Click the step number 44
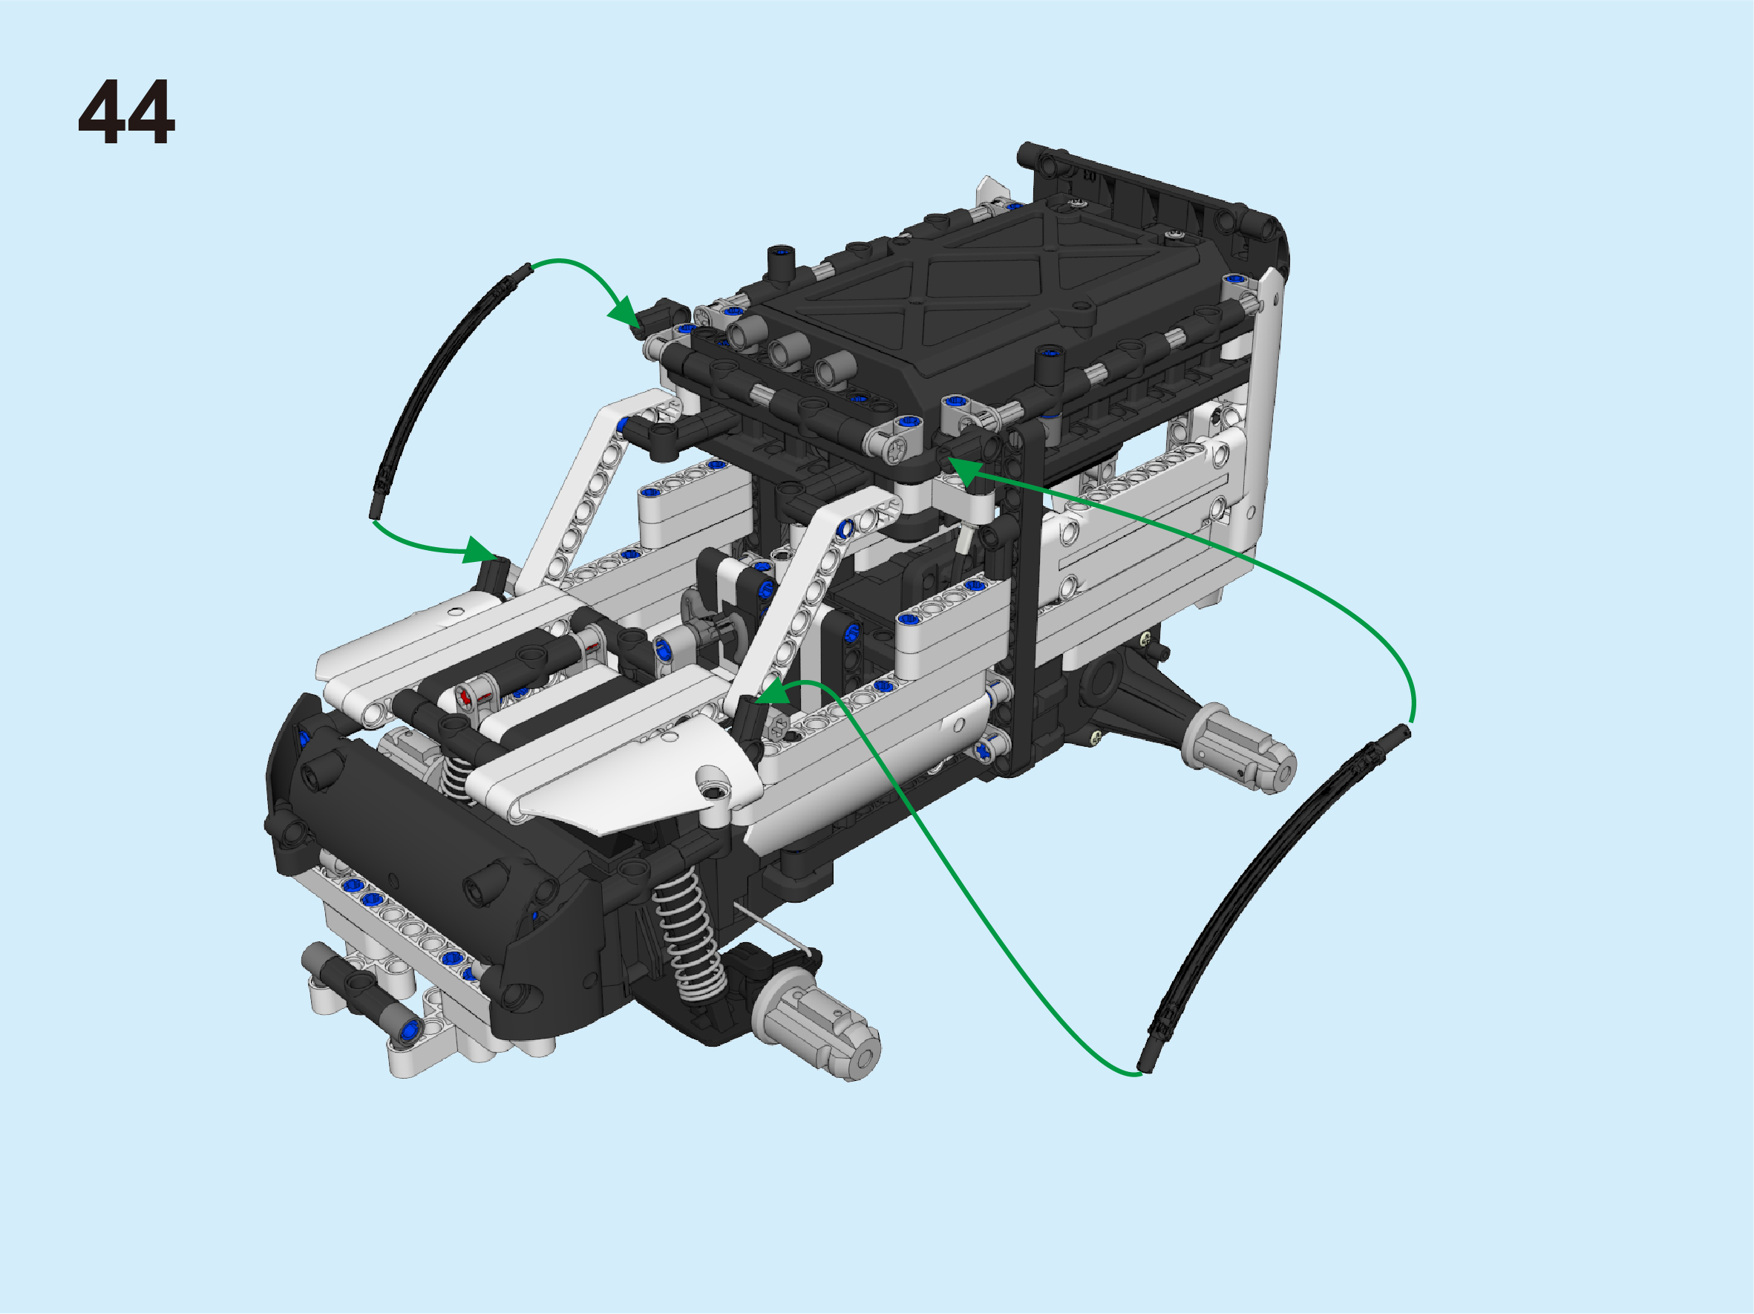point(126,112)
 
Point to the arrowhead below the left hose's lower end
point(479,550)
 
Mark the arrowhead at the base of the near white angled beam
point(773,691)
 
